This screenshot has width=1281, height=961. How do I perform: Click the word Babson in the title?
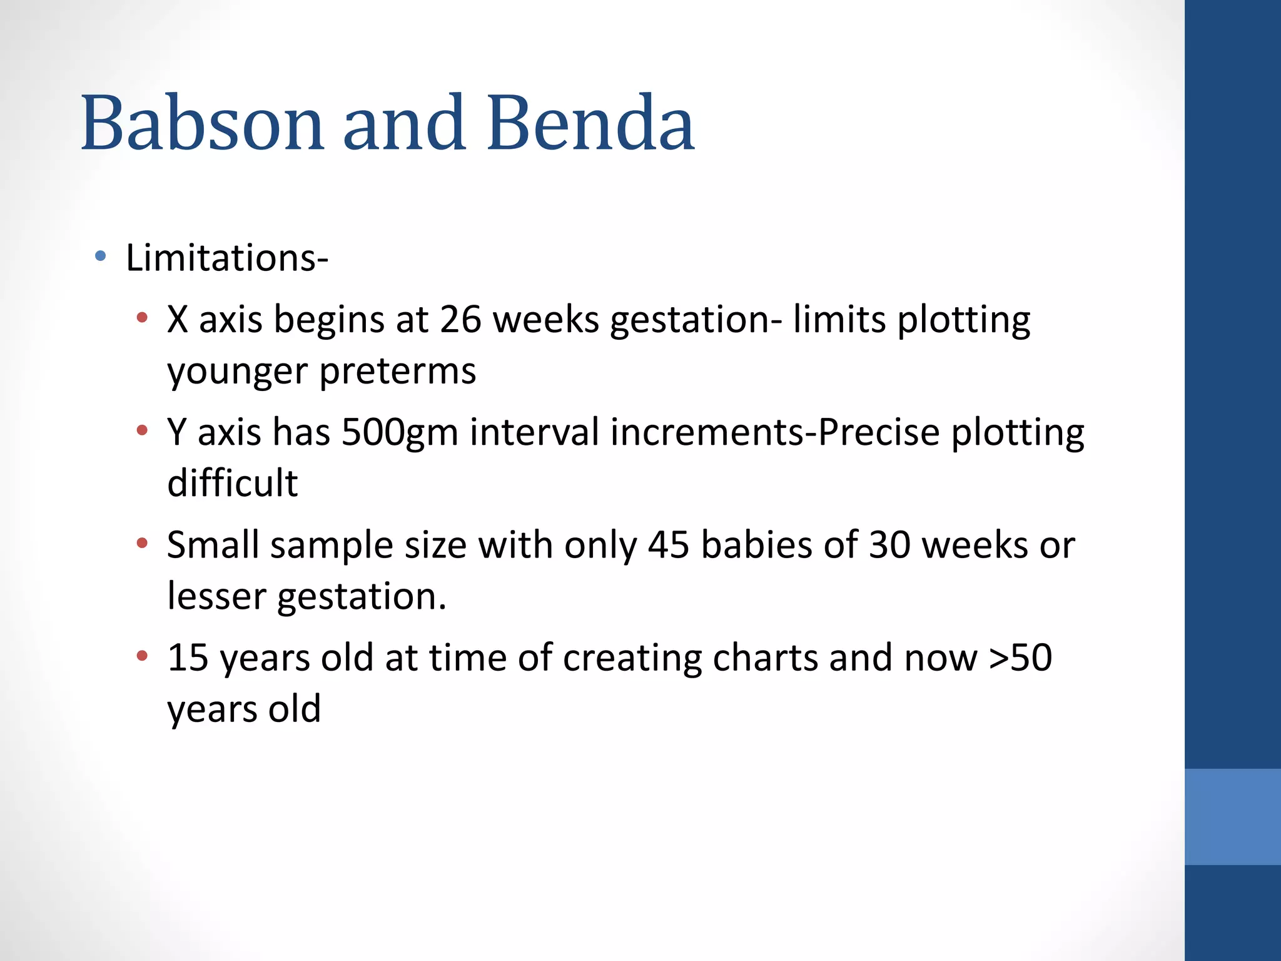(x=202, y=123)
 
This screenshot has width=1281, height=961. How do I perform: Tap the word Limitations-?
(x=226, y=258)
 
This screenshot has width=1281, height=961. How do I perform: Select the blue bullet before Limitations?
(x=100, y=256)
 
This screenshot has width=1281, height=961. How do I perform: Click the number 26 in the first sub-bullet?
(x=460, y=320)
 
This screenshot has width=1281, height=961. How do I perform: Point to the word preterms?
(x=398, y=371)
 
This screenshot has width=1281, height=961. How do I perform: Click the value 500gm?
(x=400, y=432)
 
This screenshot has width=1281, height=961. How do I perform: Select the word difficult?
(x=233, y=483)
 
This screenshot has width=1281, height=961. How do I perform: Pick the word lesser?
(x=216, y=596)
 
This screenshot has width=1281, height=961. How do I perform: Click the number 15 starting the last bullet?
(x=188, y=658)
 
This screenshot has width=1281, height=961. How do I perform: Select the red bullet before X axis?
(x=143, y=318)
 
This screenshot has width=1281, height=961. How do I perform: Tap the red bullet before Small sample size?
(x=143, y=543)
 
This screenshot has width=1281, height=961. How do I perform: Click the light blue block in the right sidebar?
(x=1232, y=816)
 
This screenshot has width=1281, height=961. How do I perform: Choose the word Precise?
(x=879, y=432)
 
